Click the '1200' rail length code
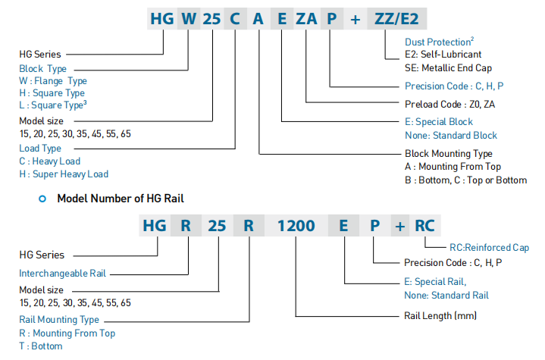tap(296, 225)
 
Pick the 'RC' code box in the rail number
tap(425, 225)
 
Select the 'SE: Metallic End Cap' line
tap(447, 67)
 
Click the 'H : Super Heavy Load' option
tap(64, 174)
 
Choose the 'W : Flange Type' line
tap(53, 81)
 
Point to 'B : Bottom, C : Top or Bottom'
tap(465, 180)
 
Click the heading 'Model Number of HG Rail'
tap(121, 199)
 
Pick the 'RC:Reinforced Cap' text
tap(489, 247)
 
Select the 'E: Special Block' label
tap(439, 121)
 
